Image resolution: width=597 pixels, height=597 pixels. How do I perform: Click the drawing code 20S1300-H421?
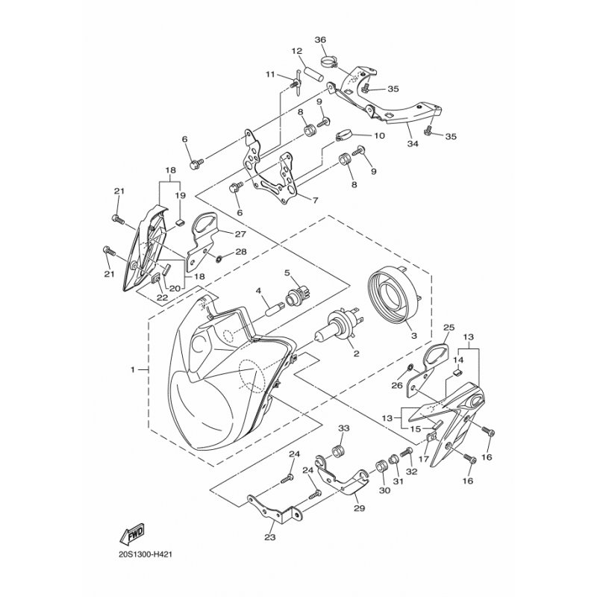click(x=146, y=554)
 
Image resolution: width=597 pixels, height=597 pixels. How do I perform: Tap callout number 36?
click(x=321, y=40)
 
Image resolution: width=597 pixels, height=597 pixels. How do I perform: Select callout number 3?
click(x=414, y=336)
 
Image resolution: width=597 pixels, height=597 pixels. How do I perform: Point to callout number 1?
click(x=133, y=369)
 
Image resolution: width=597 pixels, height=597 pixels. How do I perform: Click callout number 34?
click(x=413, y=143)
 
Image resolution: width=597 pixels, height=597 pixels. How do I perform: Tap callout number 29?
click(x=360, y=508)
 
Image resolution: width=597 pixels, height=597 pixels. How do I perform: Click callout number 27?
click(x=240, y=234)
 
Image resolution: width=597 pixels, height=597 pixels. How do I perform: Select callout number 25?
click(x=449, y=328)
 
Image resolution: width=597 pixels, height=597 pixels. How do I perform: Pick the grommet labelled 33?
click(x=338, y=451)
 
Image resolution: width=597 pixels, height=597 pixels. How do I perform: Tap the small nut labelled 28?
click(x=219, y=259)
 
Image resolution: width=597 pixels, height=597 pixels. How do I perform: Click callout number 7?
click(x=315, y=200)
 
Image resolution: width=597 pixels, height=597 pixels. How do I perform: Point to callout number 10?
click(x=379, y=136)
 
